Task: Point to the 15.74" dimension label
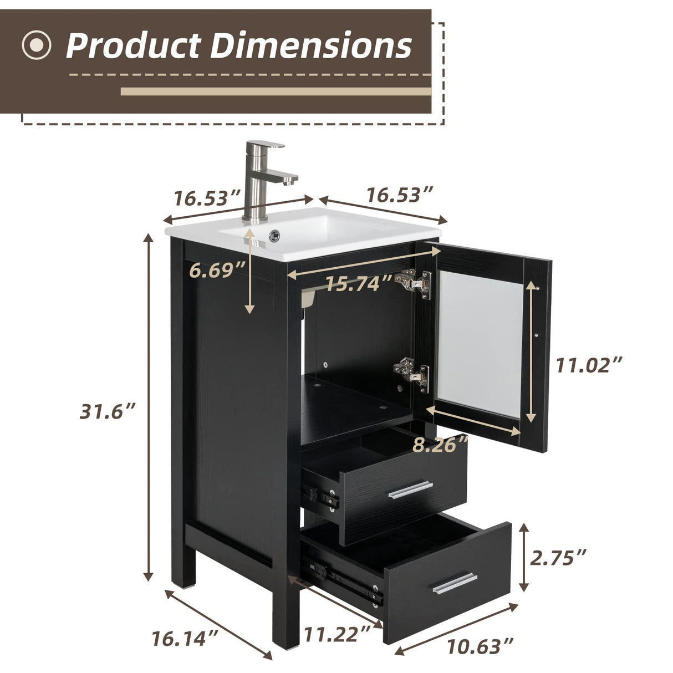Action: (x=359, y=284)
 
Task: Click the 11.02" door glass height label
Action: (x=589, y=365)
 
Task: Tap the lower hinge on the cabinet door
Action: (x=411, y=371)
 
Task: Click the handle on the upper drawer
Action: (x=410, y=490)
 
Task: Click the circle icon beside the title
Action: (x=37, y=45)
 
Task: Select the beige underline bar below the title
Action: (x=276, y=91)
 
